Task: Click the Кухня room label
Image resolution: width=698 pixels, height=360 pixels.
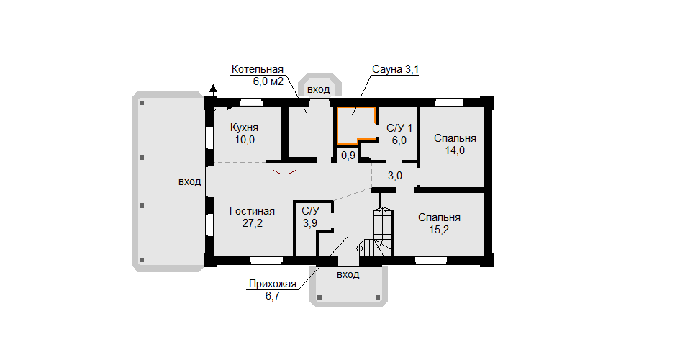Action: pyautogui.click(x=244, y=128)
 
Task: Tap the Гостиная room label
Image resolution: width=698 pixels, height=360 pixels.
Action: pyautogui.click(x=252, y=211)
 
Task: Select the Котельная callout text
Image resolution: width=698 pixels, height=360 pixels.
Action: pyautogui.click(x=258, y=70)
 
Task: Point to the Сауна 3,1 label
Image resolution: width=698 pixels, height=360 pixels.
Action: pyautogui.click(x=396, y=70)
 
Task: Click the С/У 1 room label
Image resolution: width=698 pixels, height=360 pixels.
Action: pyautogui.click(x=399, y=128)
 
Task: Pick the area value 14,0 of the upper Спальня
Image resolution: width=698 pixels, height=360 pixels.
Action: pyautogui.click(x=455, y=150)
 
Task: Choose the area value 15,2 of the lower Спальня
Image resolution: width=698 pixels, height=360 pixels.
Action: pyautogui.click(x=439, y=230)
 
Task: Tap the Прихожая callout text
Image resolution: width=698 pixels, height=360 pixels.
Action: pyautogui.click(x=273, y=284)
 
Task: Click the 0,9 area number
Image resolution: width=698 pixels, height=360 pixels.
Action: pyautogui.click(x=348, y=156)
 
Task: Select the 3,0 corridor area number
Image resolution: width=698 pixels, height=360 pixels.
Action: pyautogui.click(x=395, y=176)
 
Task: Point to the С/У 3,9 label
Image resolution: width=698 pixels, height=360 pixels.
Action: pyautogui.click(x=310, y=217)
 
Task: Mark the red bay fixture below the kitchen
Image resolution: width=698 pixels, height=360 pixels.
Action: pyautogui.click(x=284, y=168)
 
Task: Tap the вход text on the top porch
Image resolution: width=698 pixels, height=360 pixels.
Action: pyautogui.click(x=319, y=89)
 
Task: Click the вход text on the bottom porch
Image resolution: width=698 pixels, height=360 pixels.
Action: pyautogui.click(x=348, y=274)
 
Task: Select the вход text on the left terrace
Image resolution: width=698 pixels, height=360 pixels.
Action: pyautogui.click(x=190, y=181)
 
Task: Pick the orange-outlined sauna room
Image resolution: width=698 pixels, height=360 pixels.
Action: pyautogui.click(x=357, y=125)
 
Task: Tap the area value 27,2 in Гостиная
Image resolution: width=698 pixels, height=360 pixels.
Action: pyautogui.click(x=253, y=223)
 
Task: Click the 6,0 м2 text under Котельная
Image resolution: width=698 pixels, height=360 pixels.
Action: pyautogui.click(x=268, y=81)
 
